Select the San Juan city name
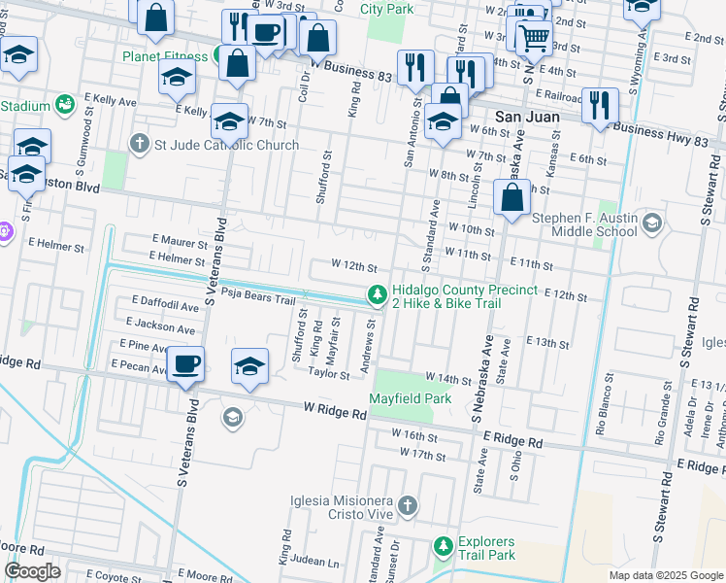(527, 116)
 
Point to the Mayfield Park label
(411, 398)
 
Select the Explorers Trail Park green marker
(443, 547)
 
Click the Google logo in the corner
(32, 571)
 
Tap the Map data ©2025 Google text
(665, 575)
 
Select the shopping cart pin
(532, 39)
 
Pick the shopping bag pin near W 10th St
(511, 198)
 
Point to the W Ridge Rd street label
(335, 413)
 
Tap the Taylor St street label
(329, 373)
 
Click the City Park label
(385, 8)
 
